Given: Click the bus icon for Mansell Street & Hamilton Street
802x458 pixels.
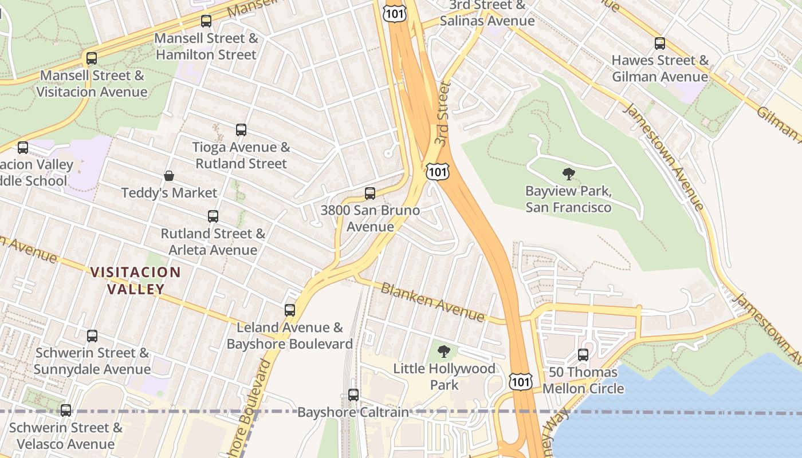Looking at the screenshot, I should (x=206, y=22).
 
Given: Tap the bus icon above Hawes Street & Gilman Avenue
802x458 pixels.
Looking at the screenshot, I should (x=660, y=44).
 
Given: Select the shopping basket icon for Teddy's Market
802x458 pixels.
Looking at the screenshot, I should (x=169, y=176).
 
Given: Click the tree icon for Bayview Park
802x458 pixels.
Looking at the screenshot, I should (x=568, y=174).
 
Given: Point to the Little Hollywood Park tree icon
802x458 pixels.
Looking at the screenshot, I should (x=444, y=352).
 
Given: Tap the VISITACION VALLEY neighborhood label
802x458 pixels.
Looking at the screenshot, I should (x=136, y=281).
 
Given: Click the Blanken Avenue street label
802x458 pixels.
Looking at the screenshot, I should (x=433, y=302).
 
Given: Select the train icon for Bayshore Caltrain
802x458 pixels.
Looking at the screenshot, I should (x=353, y=395).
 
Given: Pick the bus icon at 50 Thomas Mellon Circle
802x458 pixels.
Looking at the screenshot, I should (x=583, y=355).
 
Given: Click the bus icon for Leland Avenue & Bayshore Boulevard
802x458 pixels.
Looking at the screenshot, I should (x=290, y=310).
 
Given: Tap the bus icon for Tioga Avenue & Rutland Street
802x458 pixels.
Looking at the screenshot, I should (x=241, y=131).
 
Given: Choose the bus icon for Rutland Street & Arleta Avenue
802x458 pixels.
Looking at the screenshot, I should (x=213, y=216).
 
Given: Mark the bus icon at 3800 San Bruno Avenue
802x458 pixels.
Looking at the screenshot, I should (x=370, y=194).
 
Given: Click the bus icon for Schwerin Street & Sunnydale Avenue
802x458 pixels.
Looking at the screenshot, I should (x=92, y=336).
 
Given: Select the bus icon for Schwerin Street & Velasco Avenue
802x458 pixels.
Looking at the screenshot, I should (x=66, y=410).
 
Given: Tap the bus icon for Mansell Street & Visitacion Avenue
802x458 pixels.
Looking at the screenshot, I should (x=92, y=58).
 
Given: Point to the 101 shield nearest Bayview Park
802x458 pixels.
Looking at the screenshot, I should (x=438, y=171).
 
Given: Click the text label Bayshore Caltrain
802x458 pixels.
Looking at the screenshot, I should (x=353, y=412).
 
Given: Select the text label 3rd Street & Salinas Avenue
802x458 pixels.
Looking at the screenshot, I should (x=487, y=13).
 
